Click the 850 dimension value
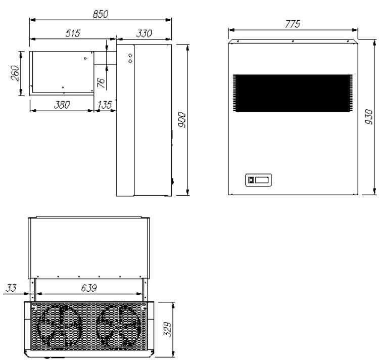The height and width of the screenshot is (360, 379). click(x=101, y=14)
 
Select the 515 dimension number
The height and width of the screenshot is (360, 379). click(x=73, y=33)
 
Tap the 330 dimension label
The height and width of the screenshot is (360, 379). click(x=144, y=33)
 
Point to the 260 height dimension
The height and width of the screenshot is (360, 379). click(x=15, y=73)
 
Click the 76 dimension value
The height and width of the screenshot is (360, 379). click(x=101, y=83)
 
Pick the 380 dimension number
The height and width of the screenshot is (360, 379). click(x=62, y=105)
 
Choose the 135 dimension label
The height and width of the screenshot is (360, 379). click(x=105, y=105)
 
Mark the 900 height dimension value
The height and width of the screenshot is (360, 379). click(x=181, y=120)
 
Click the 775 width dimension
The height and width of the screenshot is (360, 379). click(x=293, y=24)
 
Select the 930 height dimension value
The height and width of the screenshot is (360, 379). click(x=369, y=117)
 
